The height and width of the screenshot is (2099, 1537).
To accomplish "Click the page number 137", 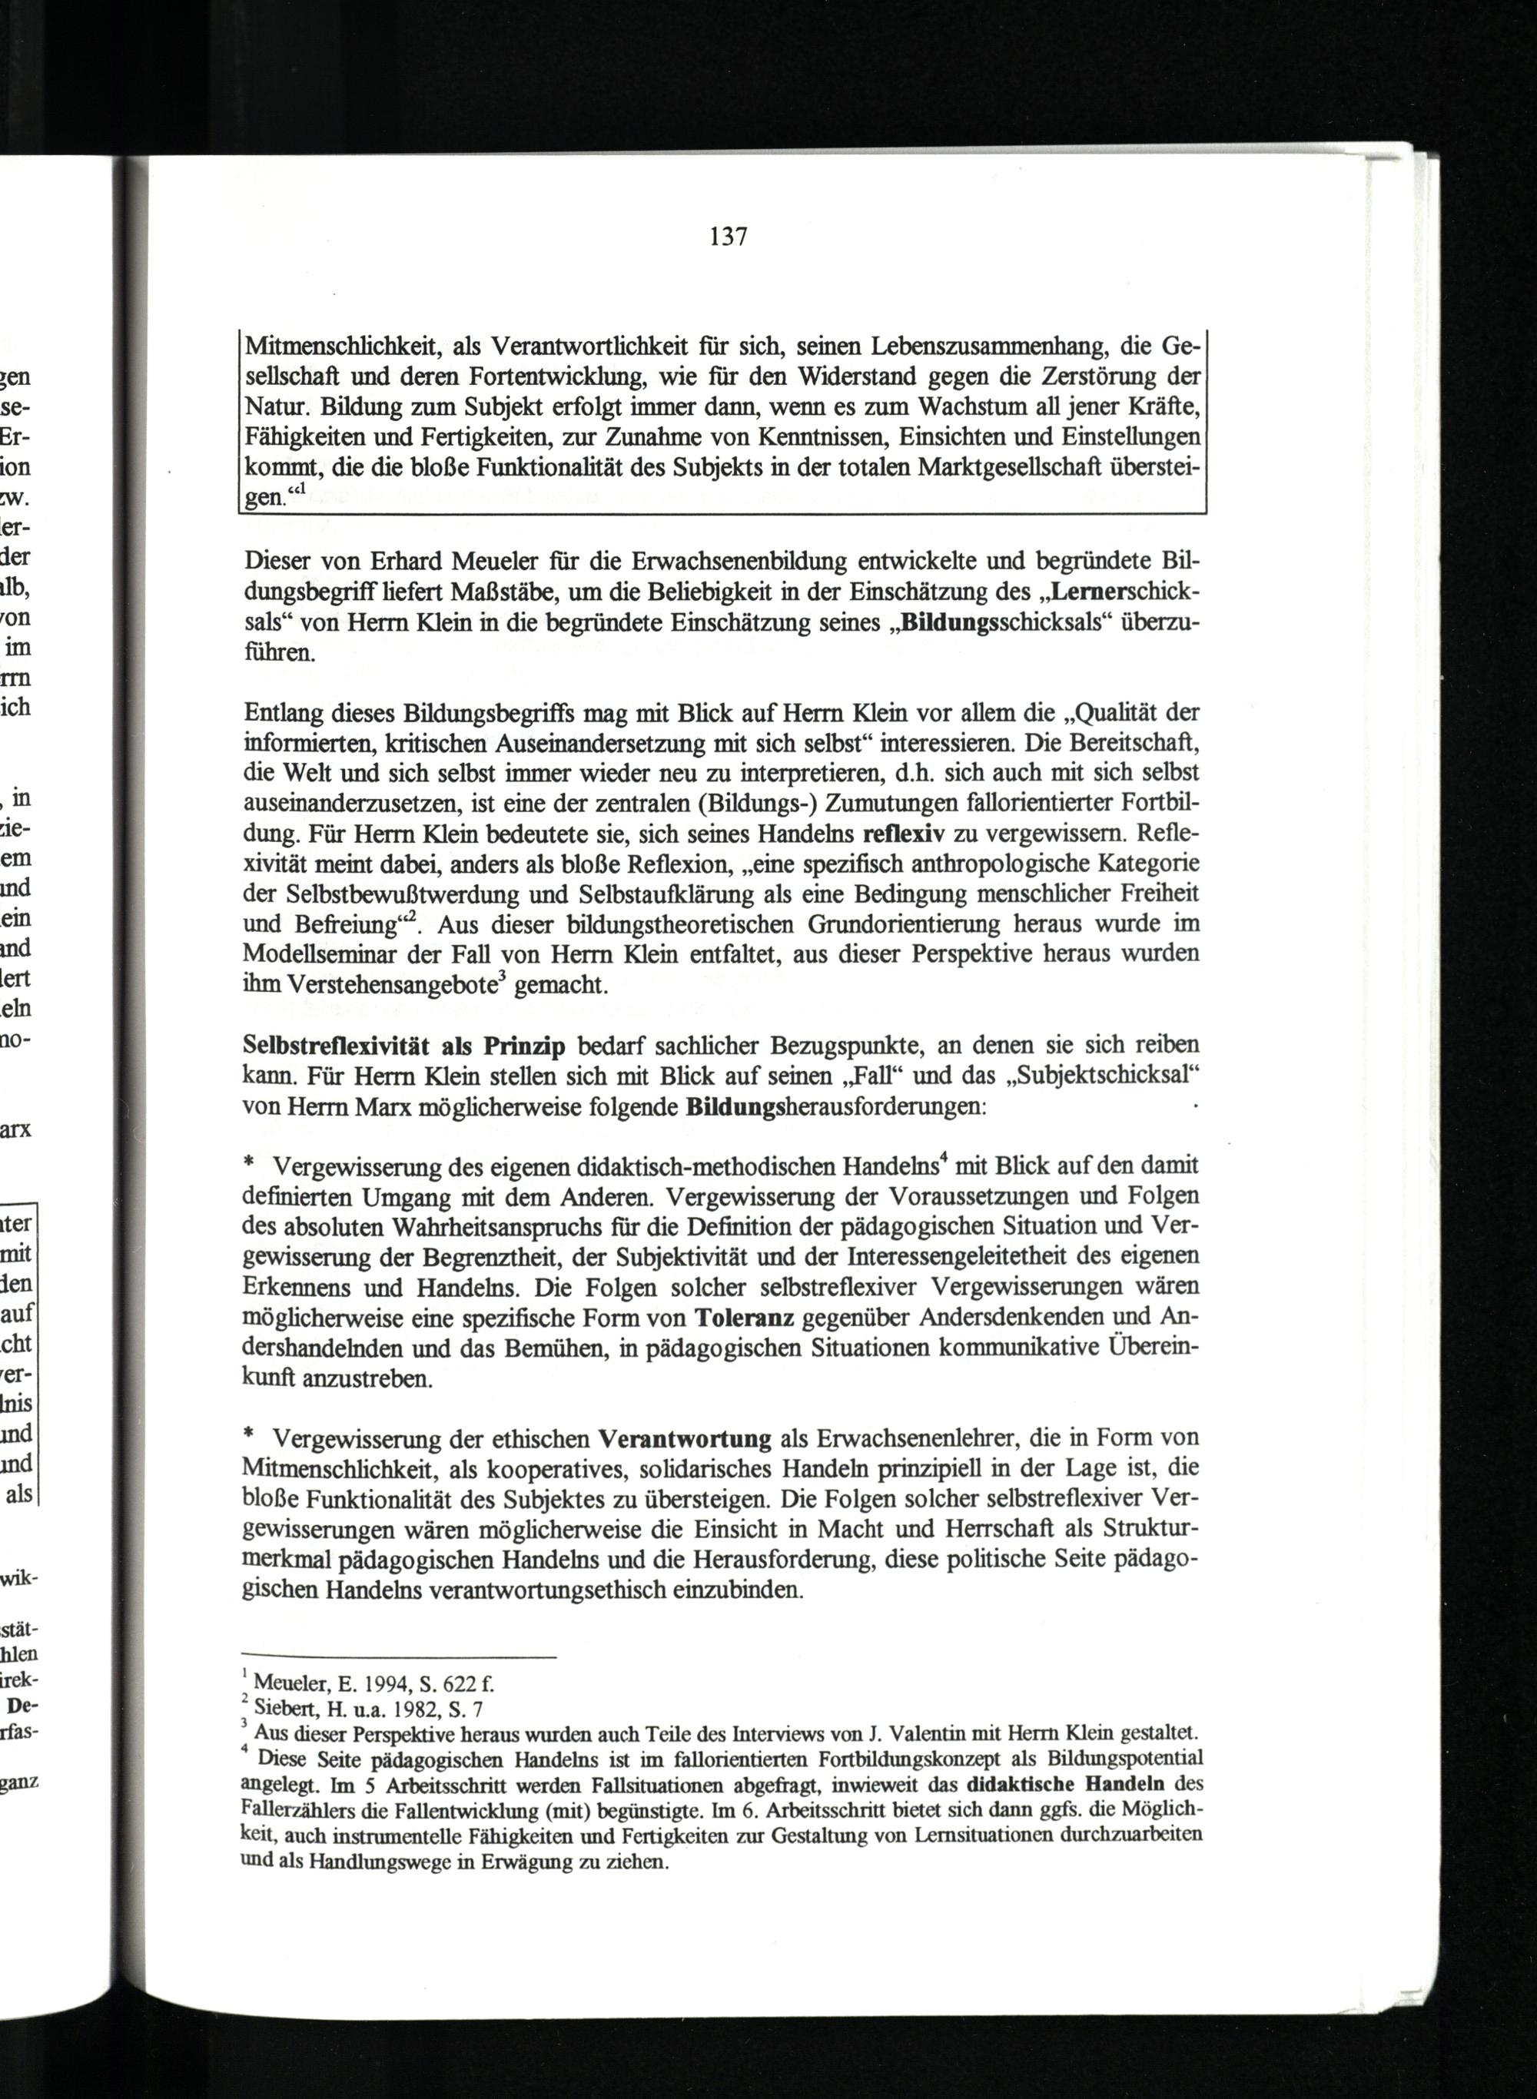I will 729,237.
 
